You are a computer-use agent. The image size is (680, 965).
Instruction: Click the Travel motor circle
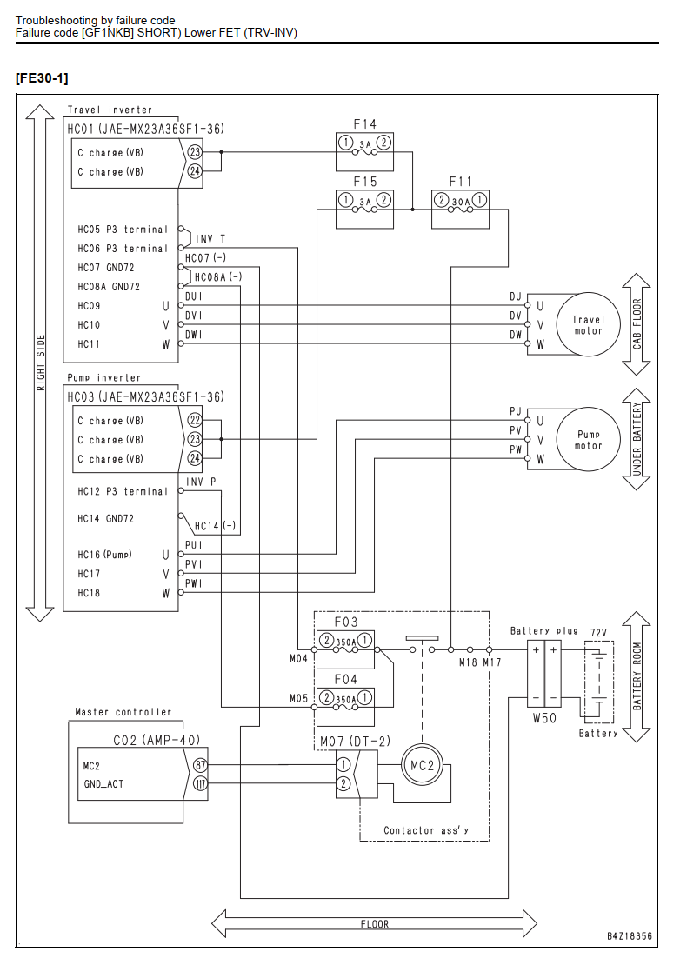pos(588,324)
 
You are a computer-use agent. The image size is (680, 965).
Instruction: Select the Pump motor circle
pos(588,439)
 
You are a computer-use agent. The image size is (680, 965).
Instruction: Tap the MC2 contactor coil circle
pos(422,766)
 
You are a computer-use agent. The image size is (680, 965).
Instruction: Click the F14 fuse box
pos(365,151)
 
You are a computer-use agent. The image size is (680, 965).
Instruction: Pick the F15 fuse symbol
pos(365,210)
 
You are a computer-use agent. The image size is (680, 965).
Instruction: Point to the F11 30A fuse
pos(460,210)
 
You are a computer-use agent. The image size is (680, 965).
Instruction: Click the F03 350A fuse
pos(345,649)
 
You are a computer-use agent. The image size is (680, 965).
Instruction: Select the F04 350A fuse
pos(345,707)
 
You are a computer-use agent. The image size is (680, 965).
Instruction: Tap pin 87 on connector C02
pos(200,766)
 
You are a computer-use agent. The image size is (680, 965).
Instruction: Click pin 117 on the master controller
pos(200,784)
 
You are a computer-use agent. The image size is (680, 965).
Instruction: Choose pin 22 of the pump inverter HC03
pos(195,421)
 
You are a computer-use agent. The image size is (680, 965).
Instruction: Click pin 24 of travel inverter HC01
pos(195,171)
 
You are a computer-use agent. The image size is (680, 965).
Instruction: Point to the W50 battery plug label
pos(544,717)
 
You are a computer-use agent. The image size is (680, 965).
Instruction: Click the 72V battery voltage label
pos(598,633)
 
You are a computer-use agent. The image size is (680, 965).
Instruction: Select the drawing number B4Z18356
pos(629,936)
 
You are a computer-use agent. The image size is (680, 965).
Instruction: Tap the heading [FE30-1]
pos(42,78)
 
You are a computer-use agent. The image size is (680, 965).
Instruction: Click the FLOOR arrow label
pos(374,924)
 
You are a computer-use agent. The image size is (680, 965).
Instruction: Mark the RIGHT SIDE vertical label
pos(41,363)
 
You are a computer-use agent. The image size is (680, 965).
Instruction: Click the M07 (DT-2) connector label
pos(355,742)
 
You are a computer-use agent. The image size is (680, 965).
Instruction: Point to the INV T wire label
pos(210,239)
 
